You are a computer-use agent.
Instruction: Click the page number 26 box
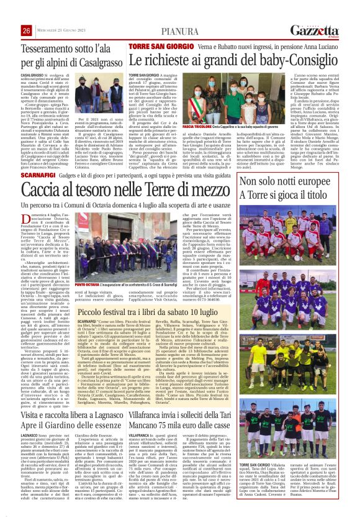pos(27,30)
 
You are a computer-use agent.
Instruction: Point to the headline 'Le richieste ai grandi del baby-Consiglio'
pos(233,61)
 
